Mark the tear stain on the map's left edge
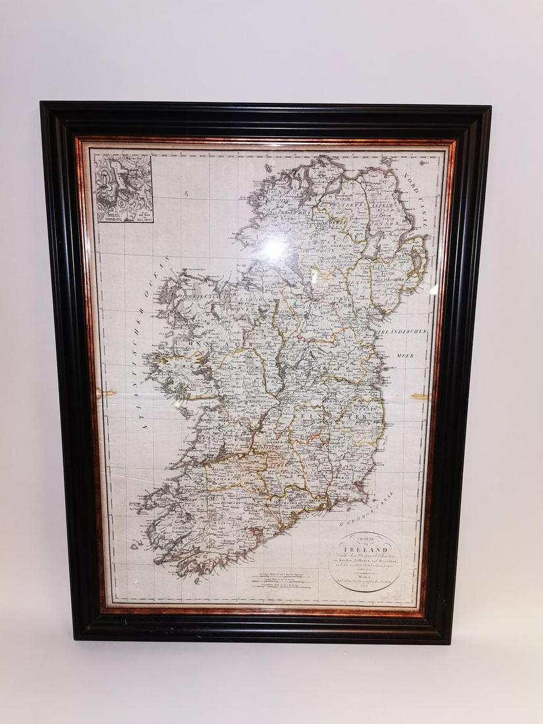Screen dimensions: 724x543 click(x=105, y=393)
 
